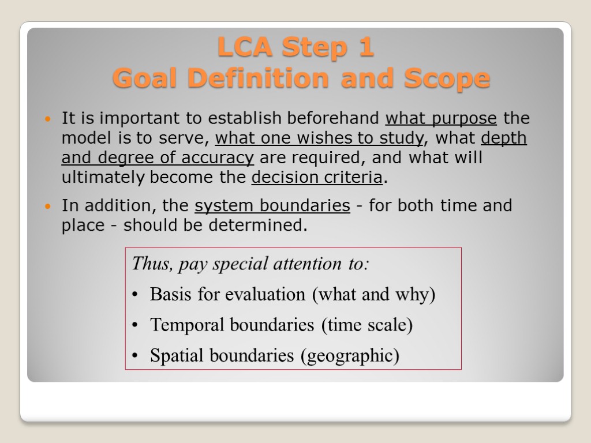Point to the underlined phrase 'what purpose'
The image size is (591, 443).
tap(441, 119)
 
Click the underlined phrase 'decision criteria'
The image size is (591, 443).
tap(317, 178)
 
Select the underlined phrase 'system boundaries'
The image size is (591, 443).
tap(272, 206)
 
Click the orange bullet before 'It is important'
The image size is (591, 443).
tap(49, 119)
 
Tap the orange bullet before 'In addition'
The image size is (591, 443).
tap(49, 207)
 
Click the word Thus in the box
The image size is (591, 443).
tap(151, 264)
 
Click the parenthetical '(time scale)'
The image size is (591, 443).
tap(367, 325)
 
